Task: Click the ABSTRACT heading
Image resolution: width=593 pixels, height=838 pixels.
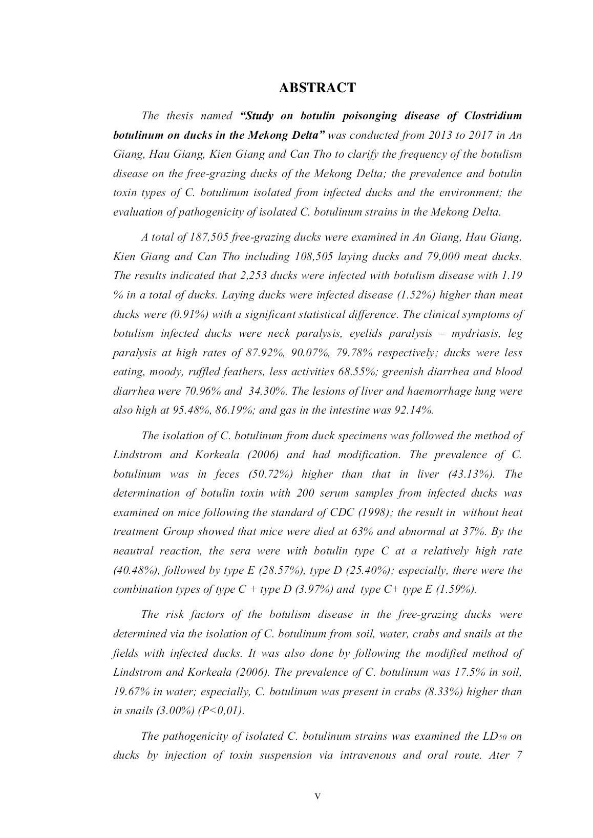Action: coord(317,88)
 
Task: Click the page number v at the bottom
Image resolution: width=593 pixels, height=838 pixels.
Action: coord(317,796)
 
